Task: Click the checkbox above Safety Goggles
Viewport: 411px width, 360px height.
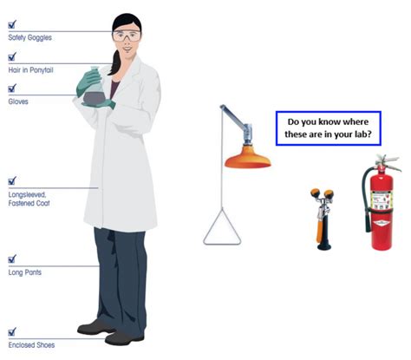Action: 12,26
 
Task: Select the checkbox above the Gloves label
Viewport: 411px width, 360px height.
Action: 12,88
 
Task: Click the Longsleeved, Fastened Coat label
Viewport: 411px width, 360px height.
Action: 26,199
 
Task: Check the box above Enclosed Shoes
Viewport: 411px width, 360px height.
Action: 12,332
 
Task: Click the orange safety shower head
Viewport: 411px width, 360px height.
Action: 247,160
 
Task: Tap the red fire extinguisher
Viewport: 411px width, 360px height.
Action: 382,208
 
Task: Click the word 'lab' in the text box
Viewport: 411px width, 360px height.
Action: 362,136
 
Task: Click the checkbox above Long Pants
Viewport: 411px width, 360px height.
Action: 12,259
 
